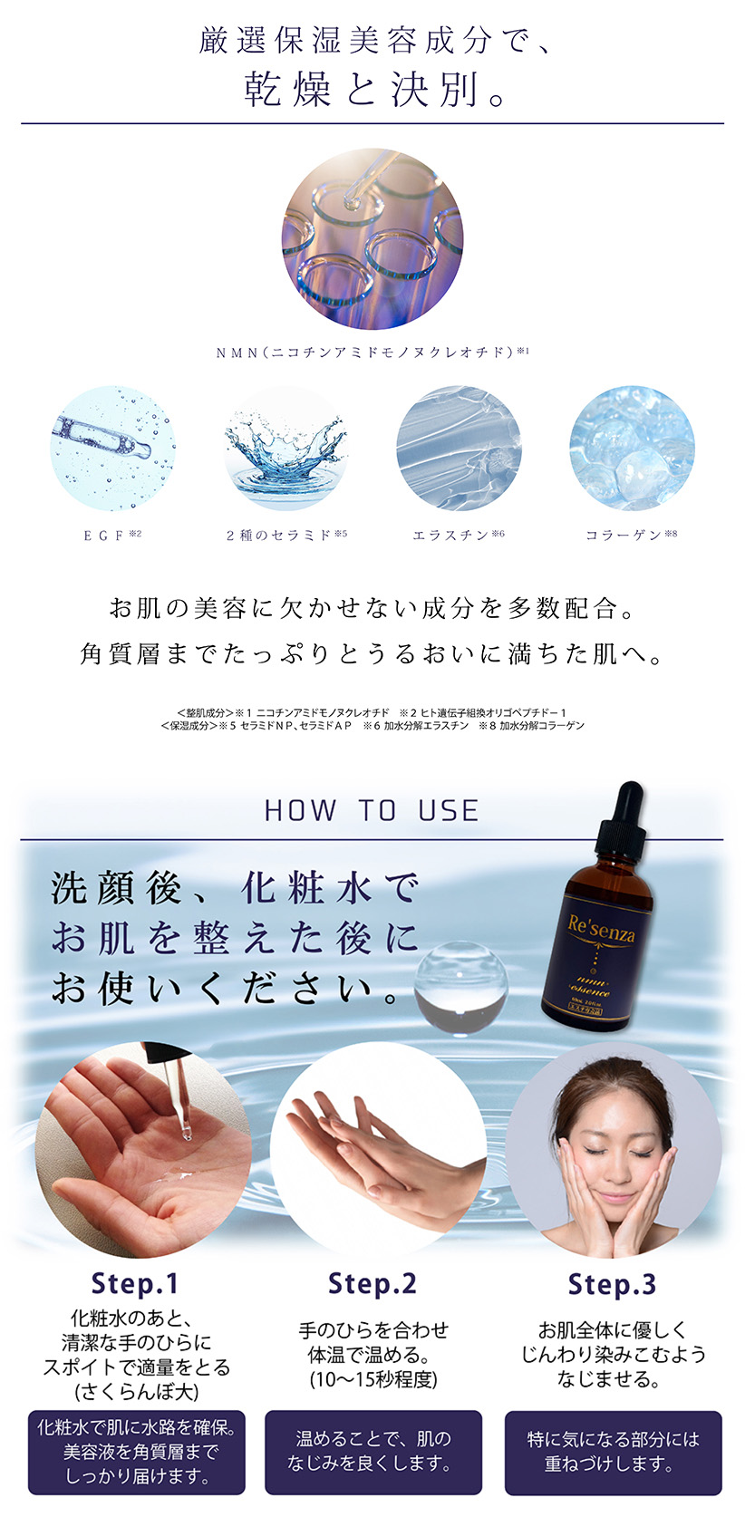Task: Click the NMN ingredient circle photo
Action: (372, 238)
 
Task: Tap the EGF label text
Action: (111, 535)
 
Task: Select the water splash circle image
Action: (286, 449)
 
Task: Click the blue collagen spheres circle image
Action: (632, 449)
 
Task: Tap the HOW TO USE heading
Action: (372, 810)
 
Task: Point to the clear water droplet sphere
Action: (461, 985)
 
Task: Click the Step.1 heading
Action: (134, 1283)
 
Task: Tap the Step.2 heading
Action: (372, 1283)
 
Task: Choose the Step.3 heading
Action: (612, 1284)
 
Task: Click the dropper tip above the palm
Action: (186, 1134)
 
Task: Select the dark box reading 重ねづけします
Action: (614, 1453)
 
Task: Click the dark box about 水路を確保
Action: (137, 1452)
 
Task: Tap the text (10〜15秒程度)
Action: (373, 1379)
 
